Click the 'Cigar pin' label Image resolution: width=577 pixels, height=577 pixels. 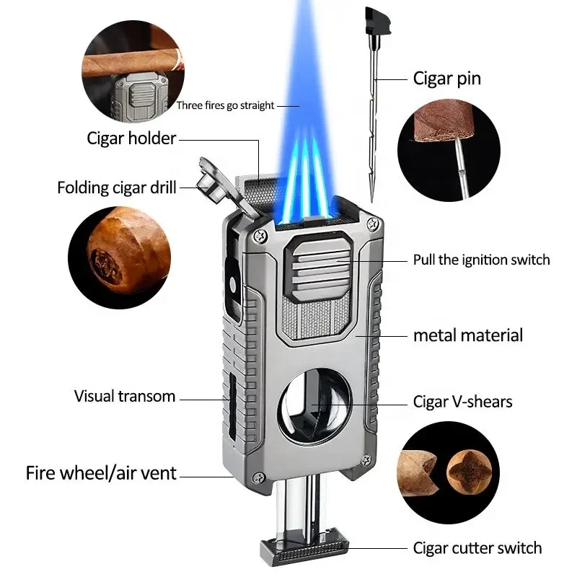457,79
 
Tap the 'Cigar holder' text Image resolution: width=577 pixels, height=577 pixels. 131,137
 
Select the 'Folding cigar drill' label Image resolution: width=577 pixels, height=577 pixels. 117,188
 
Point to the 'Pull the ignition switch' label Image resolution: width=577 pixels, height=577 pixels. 481,260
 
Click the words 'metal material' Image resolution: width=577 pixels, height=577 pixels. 468,335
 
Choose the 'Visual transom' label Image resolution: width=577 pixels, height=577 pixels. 125,396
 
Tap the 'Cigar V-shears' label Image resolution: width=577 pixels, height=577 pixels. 462,400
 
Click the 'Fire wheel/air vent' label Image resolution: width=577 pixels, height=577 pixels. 101,474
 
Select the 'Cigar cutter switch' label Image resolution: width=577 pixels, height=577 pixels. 477,548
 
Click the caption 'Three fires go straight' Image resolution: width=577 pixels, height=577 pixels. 226,106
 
